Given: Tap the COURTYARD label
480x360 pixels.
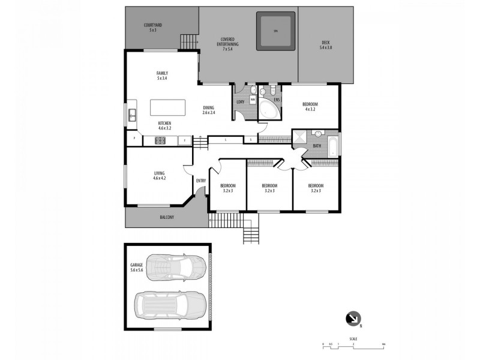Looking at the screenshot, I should [154, 27].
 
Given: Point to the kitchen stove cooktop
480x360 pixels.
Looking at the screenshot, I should [161, 141].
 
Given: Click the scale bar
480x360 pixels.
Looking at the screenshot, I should [352, 345].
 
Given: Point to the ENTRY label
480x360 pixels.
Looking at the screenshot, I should [200, 181].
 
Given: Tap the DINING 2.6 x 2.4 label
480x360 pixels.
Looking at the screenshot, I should [208, 110].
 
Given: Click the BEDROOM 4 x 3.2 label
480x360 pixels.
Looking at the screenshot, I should [311, 107].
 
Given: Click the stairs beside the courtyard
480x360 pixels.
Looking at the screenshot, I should [190, 42].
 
